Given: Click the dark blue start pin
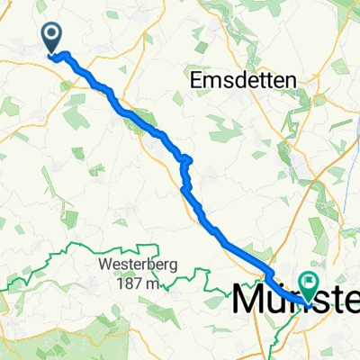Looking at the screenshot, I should click(x=52, y=37).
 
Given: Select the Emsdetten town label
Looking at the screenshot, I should click(x=245, y=81).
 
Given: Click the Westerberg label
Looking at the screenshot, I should click(x=140, y=266).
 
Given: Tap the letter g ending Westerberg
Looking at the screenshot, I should click(x=175, y=268).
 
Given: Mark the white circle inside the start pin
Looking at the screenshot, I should click(x=52, y=33).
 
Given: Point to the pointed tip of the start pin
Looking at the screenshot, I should click(x=52, y=53).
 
